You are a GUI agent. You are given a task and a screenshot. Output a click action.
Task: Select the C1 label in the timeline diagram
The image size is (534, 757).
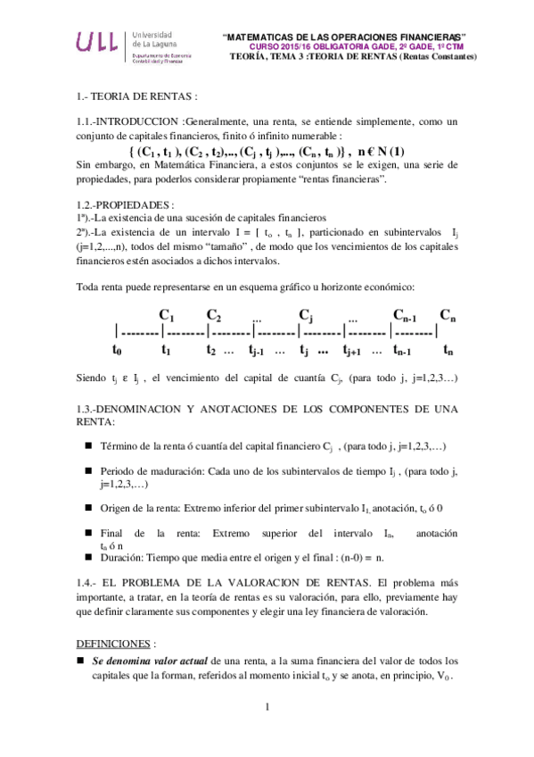pyautogui.click(x=166, y=314)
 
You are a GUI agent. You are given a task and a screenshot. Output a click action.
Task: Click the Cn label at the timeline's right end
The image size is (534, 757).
pyautogui.click(x=448, y=314)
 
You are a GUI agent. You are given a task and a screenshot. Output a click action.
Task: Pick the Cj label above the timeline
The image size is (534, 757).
pyautogui.click(x=306, y=314)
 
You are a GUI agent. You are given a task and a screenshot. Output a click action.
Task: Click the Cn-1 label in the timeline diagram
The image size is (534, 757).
pyautogui.click(x=407, y=315)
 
